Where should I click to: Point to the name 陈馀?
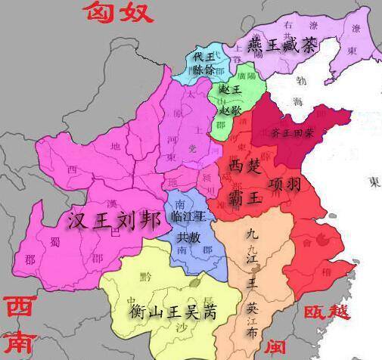pos(204,70)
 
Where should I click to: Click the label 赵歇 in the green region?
pos(230,109)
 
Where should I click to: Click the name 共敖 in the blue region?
pos(189,236)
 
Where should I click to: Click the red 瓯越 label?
pos(327,312)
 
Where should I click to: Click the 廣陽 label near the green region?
pos(246,76)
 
